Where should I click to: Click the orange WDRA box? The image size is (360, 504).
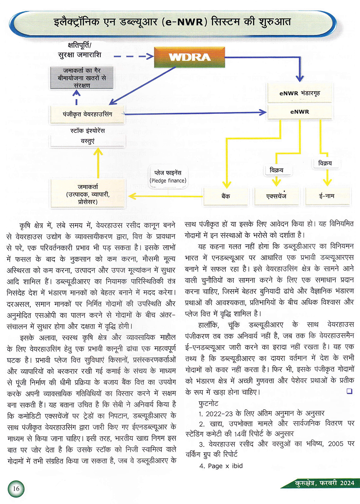click(189, 57)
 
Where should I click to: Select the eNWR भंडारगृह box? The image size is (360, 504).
click(300, 93)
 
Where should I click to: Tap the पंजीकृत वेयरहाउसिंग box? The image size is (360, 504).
click(87, 114)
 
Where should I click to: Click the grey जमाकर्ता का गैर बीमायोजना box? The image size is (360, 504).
click(82, 78)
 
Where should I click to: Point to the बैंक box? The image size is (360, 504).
click(226, 196)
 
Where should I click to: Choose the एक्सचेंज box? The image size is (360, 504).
click(276, 196)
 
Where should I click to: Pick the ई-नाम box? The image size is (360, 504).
click(327, 196)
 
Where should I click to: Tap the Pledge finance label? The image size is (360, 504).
click(168, 177)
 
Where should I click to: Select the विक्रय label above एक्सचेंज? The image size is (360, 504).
click(276, 170)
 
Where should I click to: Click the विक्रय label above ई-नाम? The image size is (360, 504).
click(325, 163)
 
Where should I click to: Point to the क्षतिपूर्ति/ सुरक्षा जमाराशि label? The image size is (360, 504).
click(80, 50)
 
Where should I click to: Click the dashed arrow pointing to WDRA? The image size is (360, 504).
click(134, 56)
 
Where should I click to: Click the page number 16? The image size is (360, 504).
click(16, 489)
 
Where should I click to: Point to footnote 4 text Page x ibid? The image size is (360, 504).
click(221, 466)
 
